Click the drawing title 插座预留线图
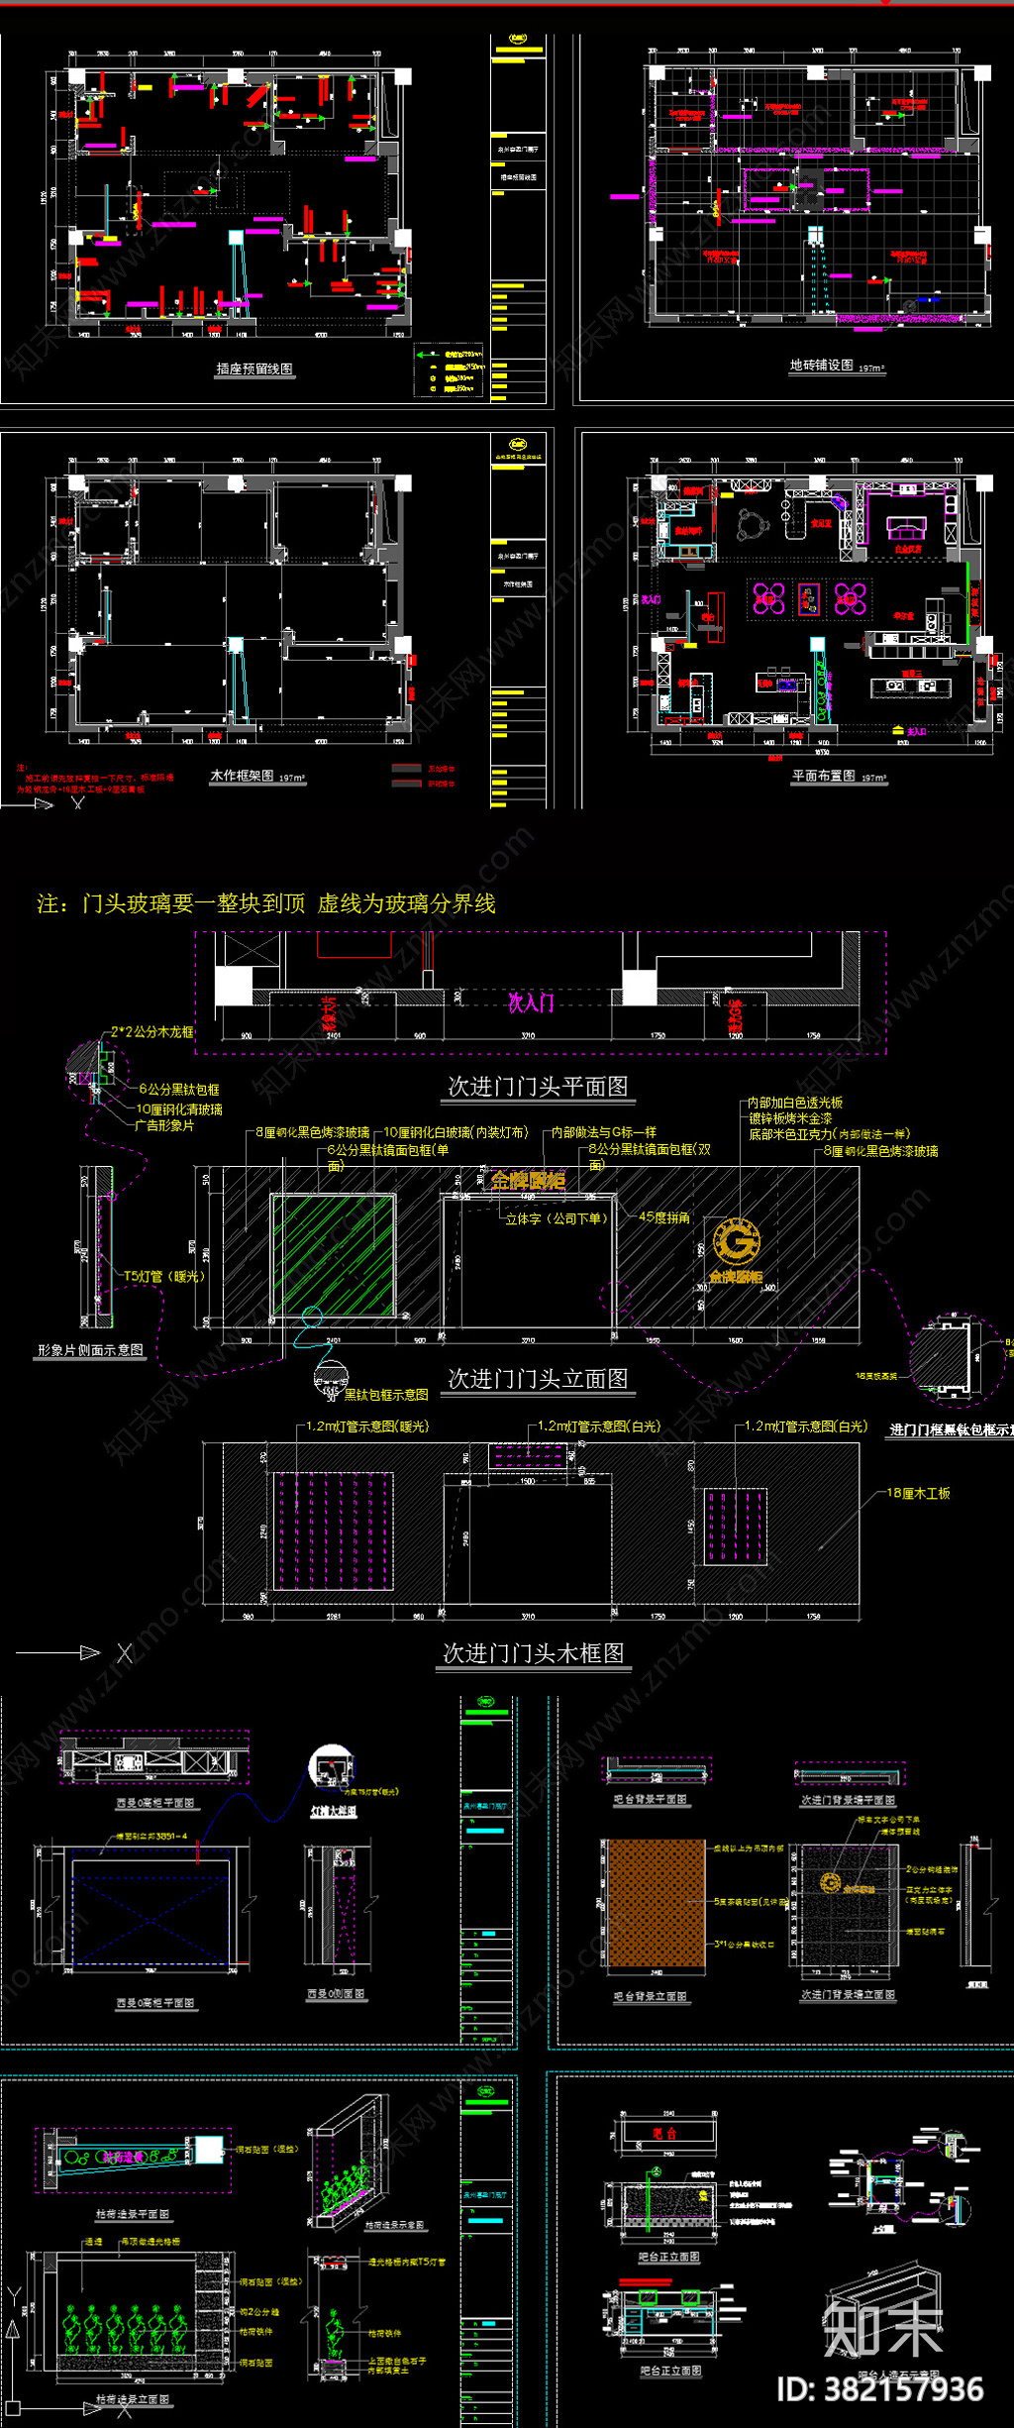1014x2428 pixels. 254,369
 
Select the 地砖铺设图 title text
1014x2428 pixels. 821,366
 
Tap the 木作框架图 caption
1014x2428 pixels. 242,776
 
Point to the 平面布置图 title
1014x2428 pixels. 824,776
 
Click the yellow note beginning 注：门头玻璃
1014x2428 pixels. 266,903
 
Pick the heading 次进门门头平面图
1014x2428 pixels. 538,1087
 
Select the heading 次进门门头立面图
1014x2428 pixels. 538,1379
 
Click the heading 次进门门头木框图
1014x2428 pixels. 533,1653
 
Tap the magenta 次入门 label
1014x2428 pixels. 531,1003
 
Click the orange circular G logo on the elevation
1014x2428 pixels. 737,1242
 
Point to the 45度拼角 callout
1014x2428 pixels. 664,1217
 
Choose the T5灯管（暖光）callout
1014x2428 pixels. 164,1277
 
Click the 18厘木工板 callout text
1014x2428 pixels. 918,1493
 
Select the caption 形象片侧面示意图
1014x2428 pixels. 90,1350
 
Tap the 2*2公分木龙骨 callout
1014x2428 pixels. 152,1031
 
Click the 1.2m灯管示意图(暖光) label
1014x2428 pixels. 367,1426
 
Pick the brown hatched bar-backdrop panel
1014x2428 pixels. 657,1903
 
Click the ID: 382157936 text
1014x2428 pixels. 880,2389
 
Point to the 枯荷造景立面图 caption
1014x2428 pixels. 133,2400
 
